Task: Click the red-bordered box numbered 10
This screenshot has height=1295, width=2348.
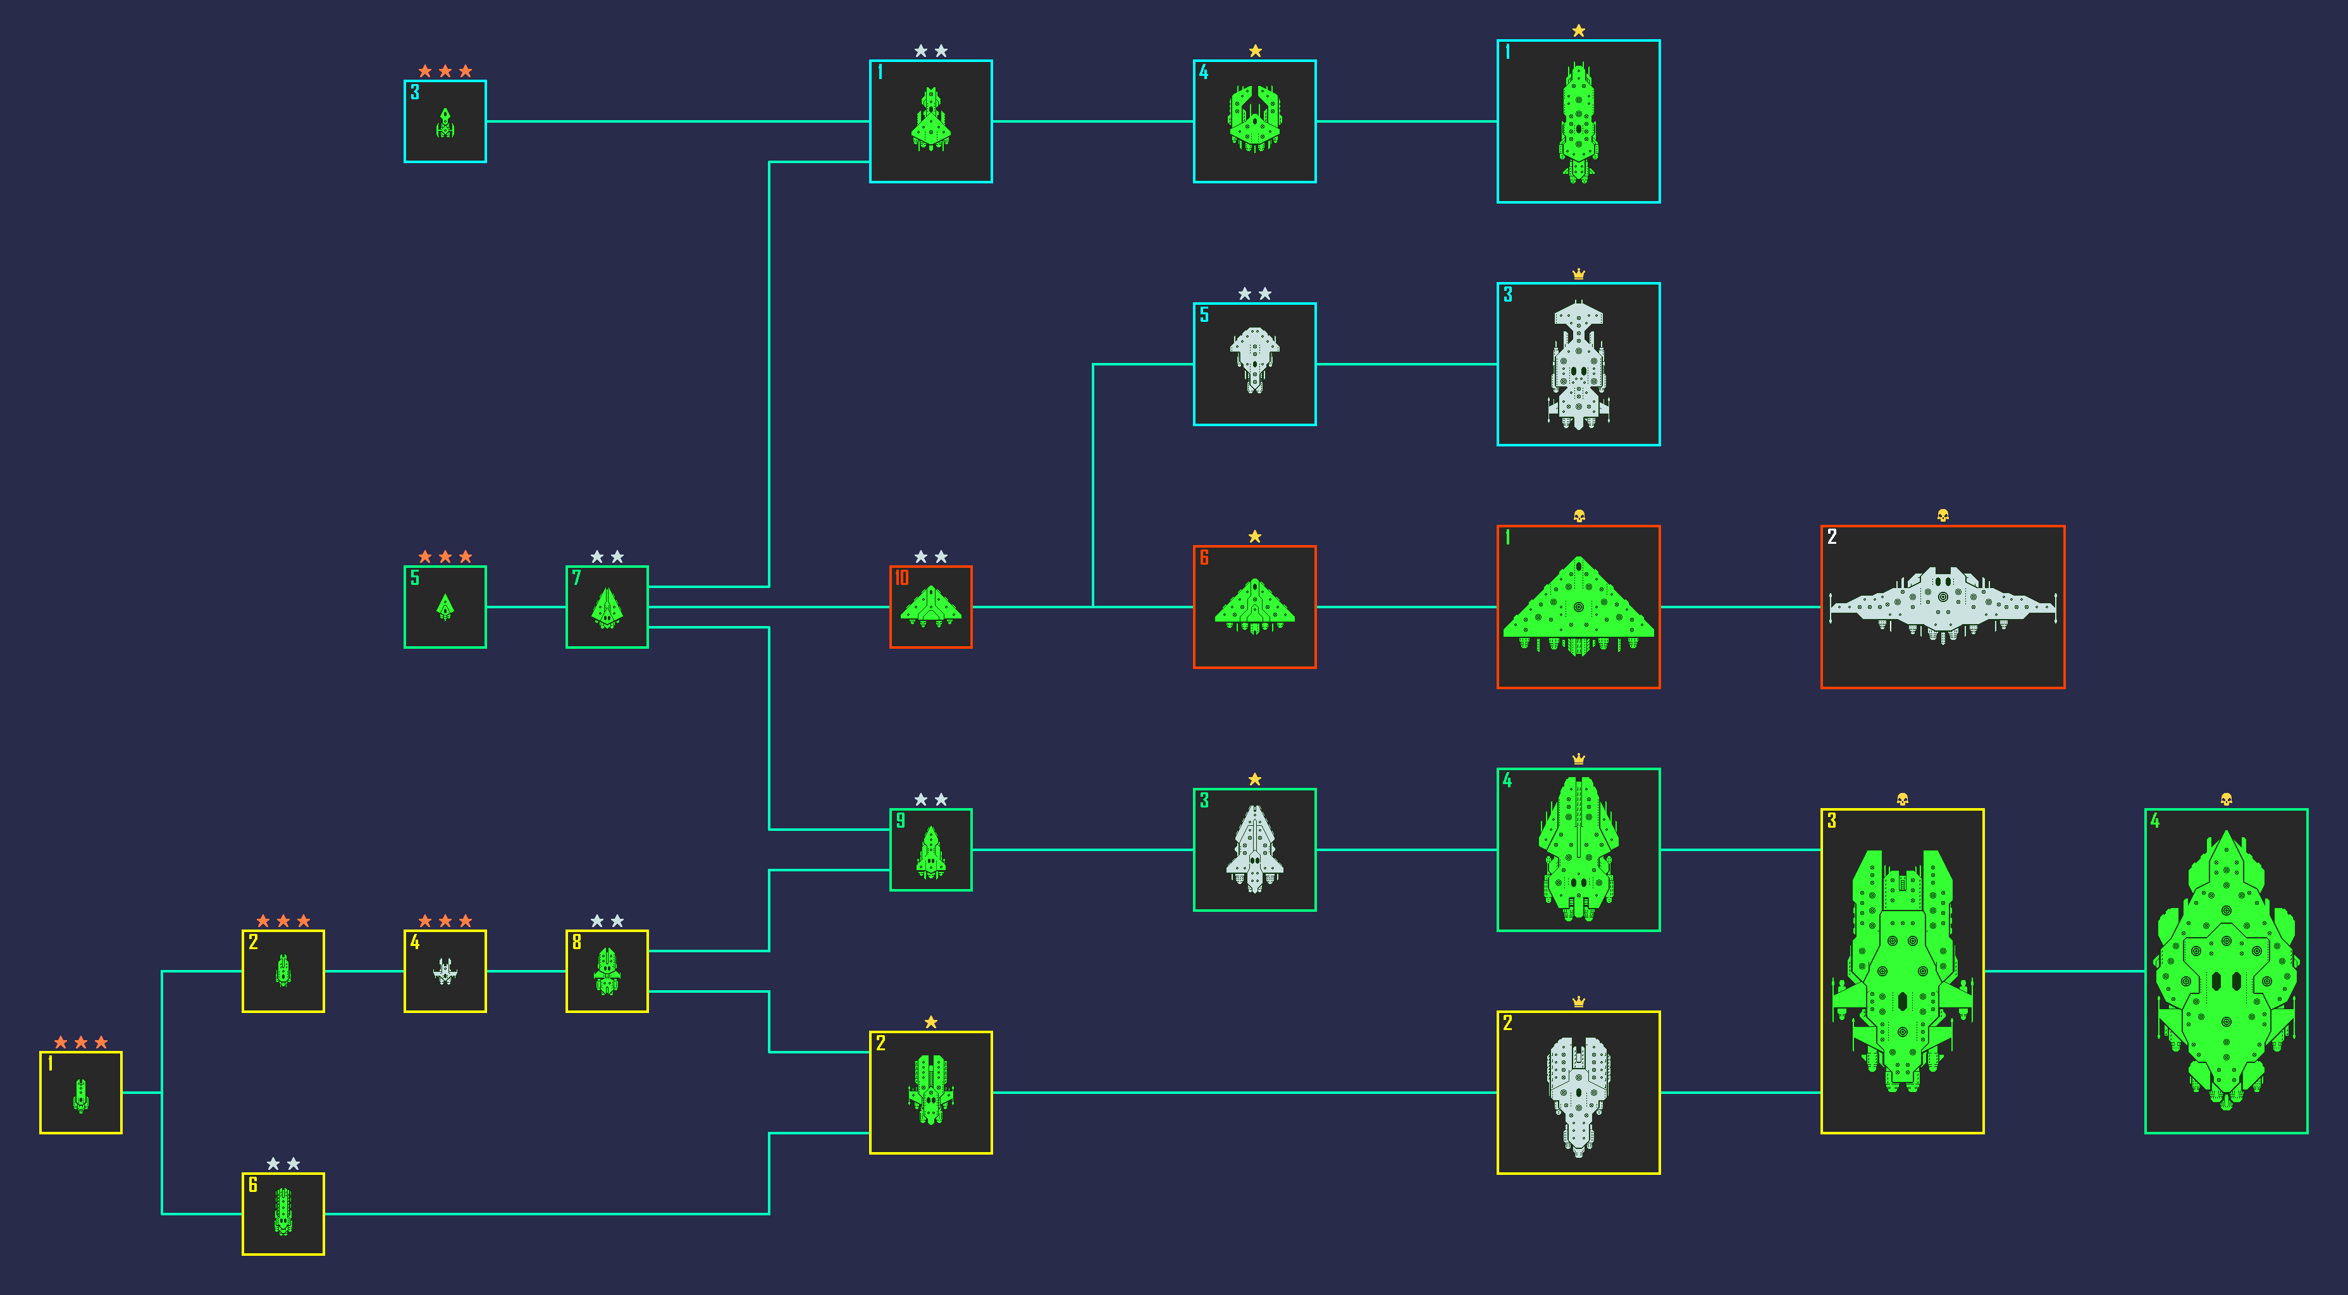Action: tap(930, 607)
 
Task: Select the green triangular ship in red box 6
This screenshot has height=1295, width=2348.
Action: tap(1254, 606)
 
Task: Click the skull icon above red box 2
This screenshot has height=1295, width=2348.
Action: tap(1943, 516)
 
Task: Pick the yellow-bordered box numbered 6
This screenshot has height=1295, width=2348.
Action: tap(283, 1214)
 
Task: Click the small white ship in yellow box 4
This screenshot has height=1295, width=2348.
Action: tap(445, 971)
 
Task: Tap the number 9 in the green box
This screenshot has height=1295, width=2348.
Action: tap(901, 820)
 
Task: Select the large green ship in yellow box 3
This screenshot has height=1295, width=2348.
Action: tap(1902, 971)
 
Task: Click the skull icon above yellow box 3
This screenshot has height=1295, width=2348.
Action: tap(1902, 799)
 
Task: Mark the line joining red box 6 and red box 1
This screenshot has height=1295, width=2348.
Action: tap(1406, 607)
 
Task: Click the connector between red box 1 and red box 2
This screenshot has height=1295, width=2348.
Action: tap(1740, 607)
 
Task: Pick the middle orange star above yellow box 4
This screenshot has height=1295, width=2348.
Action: tap(445, 921)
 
